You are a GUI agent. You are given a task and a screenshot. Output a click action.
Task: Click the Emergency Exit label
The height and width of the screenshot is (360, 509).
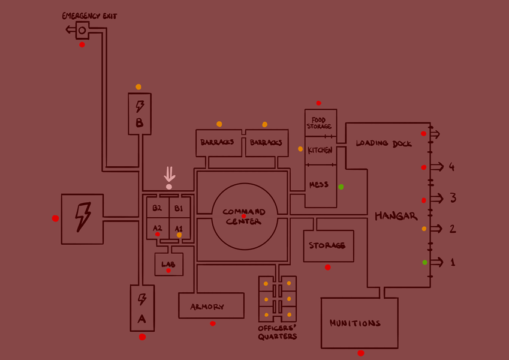89,16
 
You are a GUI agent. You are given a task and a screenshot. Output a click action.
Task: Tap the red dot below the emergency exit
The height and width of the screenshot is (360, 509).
82,44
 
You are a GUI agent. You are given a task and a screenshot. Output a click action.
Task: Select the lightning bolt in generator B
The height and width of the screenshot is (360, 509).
140,106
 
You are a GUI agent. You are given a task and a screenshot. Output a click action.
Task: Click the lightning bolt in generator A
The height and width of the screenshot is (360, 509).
142,298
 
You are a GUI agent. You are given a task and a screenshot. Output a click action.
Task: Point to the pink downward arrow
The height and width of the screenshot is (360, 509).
170,175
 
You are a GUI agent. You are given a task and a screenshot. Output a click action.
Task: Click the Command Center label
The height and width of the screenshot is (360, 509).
244,217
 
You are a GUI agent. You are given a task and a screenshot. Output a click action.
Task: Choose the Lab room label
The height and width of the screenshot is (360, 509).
168,264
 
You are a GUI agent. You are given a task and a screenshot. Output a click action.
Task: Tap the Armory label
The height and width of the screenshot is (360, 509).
207,307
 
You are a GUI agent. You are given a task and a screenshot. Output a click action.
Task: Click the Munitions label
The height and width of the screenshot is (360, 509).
355,323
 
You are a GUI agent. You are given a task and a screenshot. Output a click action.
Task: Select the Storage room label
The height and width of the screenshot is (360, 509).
327,245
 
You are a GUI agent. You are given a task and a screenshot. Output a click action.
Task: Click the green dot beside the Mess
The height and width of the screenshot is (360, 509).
341,187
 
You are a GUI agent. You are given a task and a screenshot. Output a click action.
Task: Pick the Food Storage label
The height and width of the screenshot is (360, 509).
320,123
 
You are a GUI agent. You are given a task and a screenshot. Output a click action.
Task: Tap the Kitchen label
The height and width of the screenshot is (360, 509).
320,150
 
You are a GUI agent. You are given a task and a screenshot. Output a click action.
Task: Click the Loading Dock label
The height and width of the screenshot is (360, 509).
384,143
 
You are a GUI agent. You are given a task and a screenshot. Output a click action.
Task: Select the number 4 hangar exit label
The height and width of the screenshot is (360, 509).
452,167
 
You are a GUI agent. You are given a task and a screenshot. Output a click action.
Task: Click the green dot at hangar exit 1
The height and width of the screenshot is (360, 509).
425,262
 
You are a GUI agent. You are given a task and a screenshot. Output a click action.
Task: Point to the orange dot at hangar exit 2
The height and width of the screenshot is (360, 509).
424,229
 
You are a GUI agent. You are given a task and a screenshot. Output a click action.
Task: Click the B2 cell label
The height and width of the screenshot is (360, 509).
157,208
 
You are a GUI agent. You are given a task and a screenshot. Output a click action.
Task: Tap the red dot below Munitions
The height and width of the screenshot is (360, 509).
361,353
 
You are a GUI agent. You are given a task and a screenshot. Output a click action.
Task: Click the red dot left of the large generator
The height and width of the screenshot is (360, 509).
56,218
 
